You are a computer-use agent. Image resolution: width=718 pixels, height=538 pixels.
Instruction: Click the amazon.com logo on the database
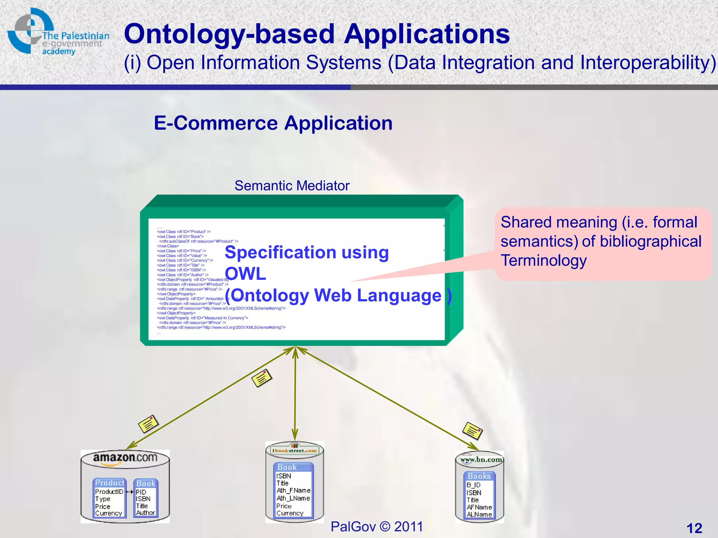[125, 458]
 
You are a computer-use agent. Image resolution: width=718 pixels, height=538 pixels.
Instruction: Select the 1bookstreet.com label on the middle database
[294, 450]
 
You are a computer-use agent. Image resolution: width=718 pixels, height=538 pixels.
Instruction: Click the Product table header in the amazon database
[109, 483]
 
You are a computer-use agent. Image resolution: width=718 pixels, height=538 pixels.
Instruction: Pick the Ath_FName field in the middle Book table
[293, 490]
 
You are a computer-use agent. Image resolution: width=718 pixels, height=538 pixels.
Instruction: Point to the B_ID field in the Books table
[473, 485]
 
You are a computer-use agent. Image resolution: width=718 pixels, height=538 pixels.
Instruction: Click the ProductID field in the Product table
[109, 492]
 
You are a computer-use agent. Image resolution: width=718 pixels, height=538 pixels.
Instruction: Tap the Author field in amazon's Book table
[145, 513]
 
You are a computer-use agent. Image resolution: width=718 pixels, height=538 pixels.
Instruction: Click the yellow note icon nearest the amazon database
[148, 424]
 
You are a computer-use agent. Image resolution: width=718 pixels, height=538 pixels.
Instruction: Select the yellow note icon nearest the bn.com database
[473, 431]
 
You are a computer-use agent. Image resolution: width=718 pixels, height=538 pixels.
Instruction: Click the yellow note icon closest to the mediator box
[262, 378]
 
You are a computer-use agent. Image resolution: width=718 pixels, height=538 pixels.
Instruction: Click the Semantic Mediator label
[292, 186]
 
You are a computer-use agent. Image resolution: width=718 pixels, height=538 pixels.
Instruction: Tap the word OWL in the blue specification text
[245, 274]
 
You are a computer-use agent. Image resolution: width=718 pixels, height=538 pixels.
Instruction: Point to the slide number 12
[694, 528]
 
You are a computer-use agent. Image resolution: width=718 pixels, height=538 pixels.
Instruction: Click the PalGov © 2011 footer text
[377, 526]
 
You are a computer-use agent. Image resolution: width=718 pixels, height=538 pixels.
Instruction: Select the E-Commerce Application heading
[273, 123]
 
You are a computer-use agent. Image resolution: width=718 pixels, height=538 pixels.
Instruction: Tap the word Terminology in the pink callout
[543, 261]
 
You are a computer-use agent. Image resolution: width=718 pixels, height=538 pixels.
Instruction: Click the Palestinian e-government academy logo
[58, 32]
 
